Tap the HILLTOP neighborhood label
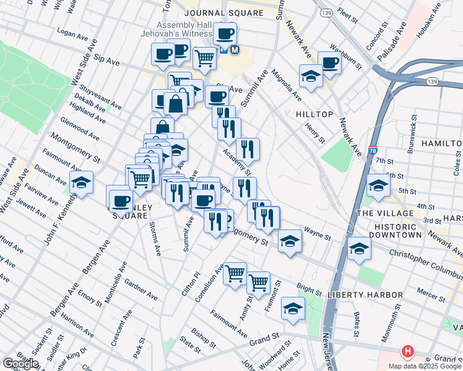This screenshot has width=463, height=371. (x=314, y=114)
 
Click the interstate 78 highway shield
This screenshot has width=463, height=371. (x=372, y=150)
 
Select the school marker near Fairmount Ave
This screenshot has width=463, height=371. (x=81, y=183)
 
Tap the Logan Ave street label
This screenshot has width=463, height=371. (x=70, y=31)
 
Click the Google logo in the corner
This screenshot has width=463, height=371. (x=21, y=364)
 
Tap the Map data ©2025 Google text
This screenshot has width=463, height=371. (x=425, y=366)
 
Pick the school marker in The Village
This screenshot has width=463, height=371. (x=378, y=185)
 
